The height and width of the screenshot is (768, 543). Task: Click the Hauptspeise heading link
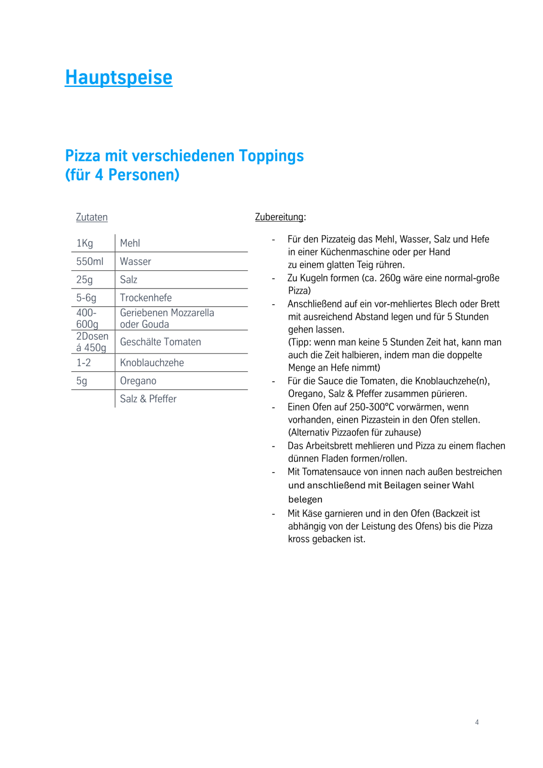click(119, 78)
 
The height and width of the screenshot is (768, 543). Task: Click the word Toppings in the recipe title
click(271, 156)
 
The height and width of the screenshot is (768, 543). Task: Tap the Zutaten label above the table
click(92, 217)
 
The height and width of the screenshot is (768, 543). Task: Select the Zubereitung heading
click(280, 217)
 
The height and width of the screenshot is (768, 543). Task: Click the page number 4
click(477, 722)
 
